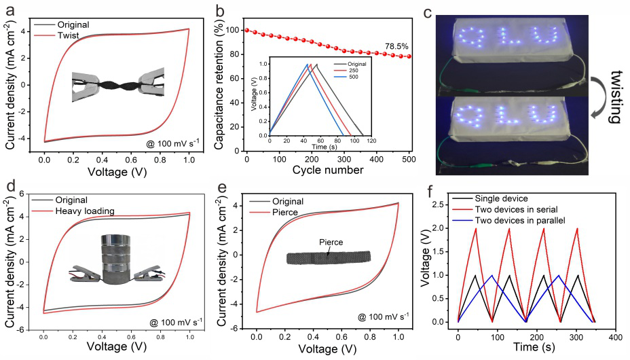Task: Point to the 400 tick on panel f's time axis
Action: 616,337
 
